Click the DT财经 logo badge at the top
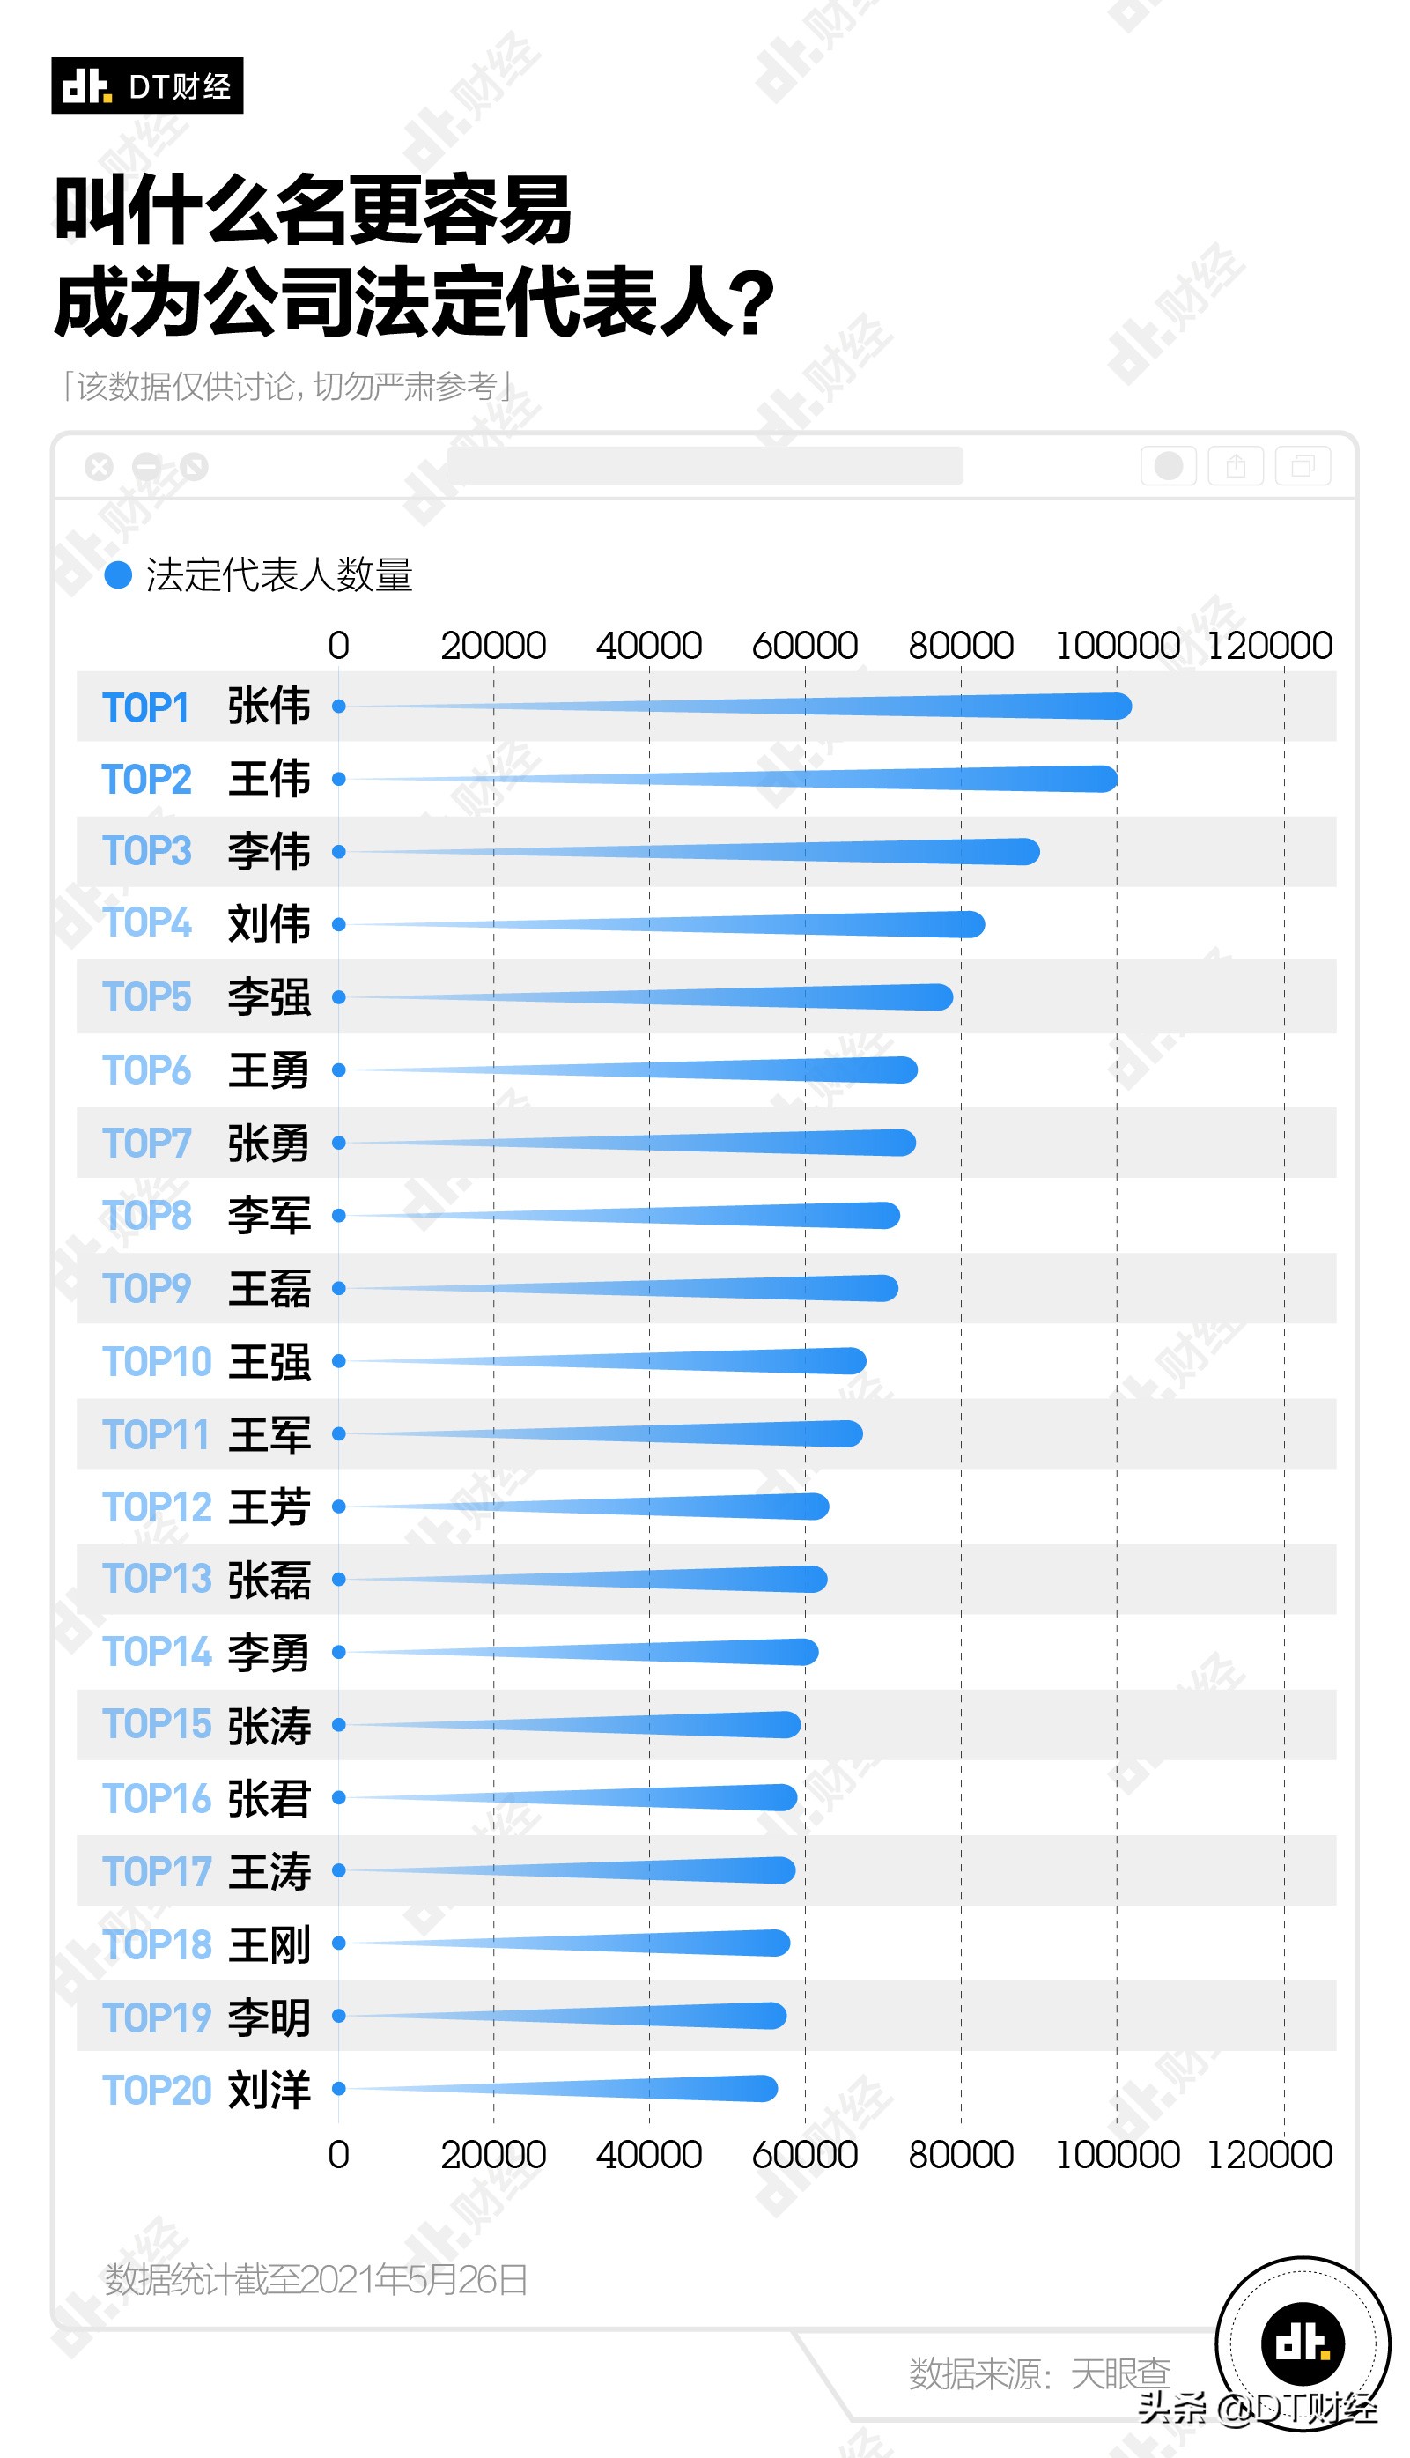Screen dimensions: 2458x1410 pos(146,86)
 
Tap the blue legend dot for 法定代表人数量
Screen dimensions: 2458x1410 pos(117,575)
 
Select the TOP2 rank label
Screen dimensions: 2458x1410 pos(146,780)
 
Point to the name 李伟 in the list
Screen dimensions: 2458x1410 pos(269,852)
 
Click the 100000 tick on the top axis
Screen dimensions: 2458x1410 pos(1117,646)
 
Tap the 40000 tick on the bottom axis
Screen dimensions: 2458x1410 pos(649,2155)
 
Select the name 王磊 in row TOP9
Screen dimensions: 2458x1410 pos(269,1289)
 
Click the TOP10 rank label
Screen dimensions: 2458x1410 pos(156,1362)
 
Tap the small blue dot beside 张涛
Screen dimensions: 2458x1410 pos(339,1725)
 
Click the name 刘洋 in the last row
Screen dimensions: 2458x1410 pos(269,2089)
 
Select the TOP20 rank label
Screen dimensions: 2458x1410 pos(156,2090)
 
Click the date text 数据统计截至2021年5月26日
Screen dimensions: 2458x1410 pos(315,2280)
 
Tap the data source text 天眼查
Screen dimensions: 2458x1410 pos(1119,2373)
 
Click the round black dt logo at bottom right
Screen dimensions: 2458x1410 pos(1302,2343)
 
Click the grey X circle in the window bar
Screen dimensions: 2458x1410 pos(99,467)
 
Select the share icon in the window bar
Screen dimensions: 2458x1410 pos(1236,467)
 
